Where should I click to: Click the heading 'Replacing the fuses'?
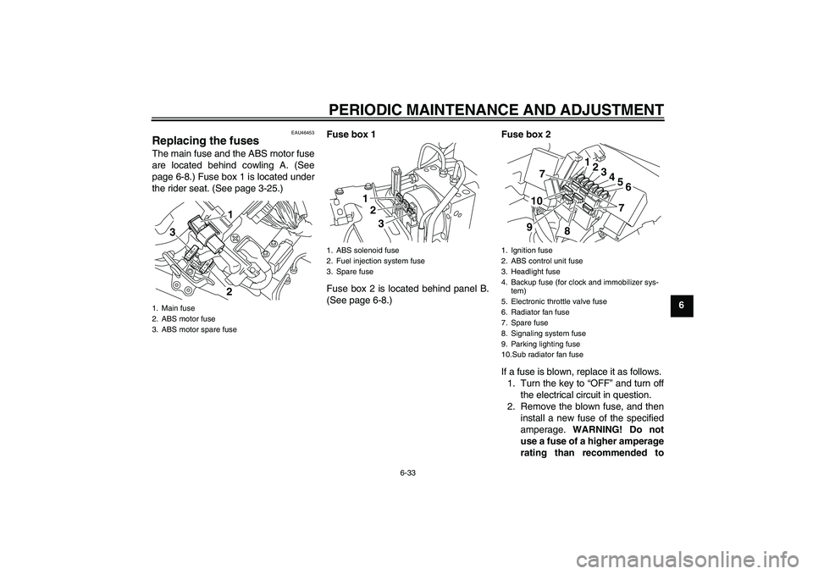tap(205, 141)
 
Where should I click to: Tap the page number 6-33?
tap(407, 473)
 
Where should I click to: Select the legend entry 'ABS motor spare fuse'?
tap(195, 329)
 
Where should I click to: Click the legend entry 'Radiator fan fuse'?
tap(535, 312)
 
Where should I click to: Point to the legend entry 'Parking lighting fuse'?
tap(541, 344)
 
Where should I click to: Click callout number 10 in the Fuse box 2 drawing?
tap(537, 201)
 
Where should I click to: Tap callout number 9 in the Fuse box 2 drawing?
tap(529, 227)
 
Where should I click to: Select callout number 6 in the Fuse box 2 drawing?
tap(628, 187)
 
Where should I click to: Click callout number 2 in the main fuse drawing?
tap(230, 292)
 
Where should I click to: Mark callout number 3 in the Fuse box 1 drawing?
tap(380, 224)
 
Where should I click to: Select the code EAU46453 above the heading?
tap(302, 133)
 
